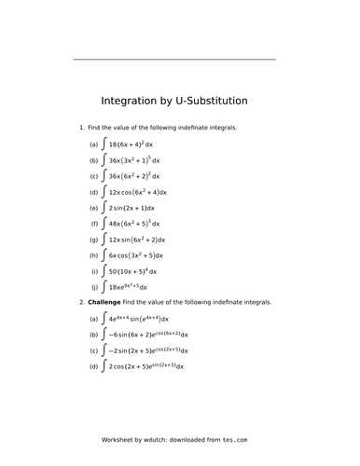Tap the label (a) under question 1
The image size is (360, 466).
click(93, 146)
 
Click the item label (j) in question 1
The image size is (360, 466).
click(94, 287)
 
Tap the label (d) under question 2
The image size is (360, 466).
click(93, 367)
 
